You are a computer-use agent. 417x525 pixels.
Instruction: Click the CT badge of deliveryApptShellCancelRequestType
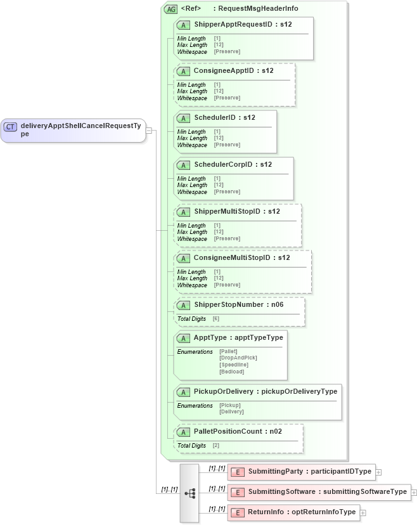(10, 127)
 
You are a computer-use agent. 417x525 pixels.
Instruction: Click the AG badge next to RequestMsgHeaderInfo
(170, 9)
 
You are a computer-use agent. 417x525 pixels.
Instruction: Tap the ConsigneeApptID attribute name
(224, 71)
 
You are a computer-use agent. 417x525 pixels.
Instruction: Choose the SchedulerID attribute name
(216, 118)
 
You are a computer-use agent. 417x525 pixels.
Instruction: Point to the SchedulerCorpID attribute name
(224, 165)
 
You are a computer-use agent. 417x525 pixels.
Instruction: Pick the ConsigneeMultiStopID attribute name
(232, 258)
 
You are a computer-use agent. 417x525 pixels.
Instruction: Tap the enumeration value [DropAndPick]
(238, 358)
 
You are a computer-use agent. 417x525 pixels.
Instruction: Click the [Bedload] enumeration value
(231, 372)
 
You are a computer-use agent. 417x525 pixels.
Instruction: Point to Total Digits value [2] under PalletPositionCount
(216, 446)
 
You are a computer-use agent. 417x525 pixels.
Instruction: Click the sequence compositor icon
(189, 493)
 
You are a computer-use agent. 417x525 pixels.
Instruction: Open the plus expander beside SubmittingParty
(378, 472)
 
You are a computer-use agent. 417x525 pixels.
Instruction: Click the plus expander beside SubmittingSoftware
(414, 492)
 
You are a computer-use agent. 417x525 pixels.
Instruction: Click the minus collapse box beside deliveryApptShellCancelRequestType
(148, 131)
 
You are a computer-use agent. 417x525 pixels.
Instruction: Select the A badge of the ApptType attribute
(183, 339)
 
